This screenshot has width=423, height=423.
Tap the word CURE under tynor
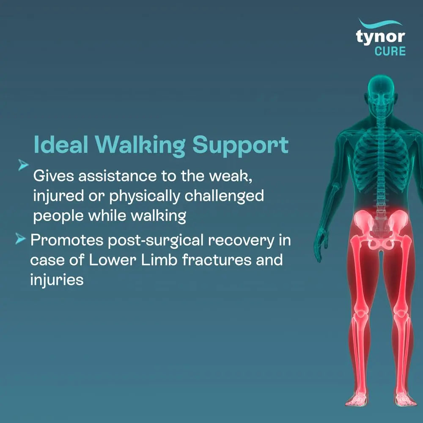pos(390,51)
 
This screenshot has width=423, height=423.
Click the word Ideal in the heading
pos(60,145)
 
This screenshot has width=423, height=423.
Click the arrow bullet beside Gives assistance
pos(24,165)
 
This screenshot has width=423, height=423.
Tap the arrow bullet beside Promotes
pos(20,240)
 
